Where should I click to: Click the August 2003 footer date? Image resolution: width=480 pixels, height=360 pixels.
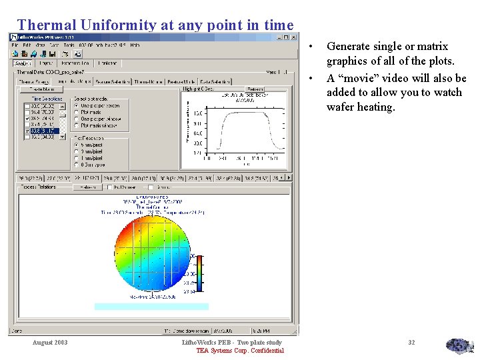(x=50, y=343)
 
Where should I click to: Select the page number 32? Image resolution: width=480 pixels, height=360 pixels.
(x=411, y=343)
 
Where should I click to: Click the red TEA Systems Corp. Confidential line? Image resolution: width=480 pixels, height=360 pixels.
(x=239, y=351)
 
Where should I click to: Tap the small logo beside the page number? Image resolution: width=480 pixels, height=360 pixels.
(x=459, y=346)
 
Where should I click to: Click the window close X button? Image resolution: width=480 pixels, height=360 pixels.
(x=287, y=36)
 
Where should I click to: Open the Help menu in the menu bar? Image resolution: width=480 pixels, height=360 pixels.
(x=135, y=45)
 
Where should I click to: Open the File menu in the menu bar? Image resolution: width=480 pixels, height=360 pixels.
(x=15, y=45)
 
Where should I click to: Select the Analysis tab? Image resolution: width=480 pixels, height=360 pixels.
(x=23, y=63)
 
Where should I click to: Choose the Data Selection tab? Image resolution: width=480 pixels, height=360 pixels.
(x=215, y=81)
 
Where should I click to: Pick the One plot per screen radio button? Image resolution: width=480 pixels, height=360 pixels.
(x=76, y=105)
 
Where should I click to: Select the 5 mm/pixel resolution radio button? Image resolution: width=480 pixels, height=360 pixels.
(x=76, y=144)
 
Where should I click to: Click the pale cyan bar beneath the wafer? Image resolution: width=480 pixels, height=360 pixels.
(x=151, y=307)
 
